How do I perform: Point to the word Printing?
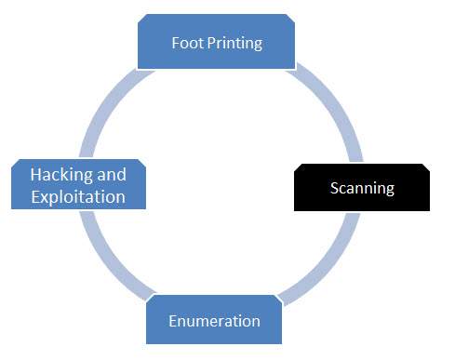pyautogui.click(x=234, y=44)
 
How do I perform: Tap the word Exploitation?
pyautogui.click(x=78, y=197)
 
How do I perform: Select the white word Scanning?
pyautogui.click(x=362, y=189)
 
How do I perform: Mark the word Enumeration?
pyautogui.click(x=214, y=322)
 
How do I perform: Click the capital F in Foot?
pyautogui.click(x=176, y=43)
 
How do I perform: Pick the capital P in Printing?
pyautogui.click(x=209, y=43)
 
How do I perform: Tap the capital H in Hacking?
pyautogui.click(x=35, y=175)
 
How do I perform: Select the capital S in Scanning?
pyautogui.click(x=335, y=189)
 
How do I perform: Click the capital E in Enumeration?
pyautogui.click(x=173, y=322)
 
